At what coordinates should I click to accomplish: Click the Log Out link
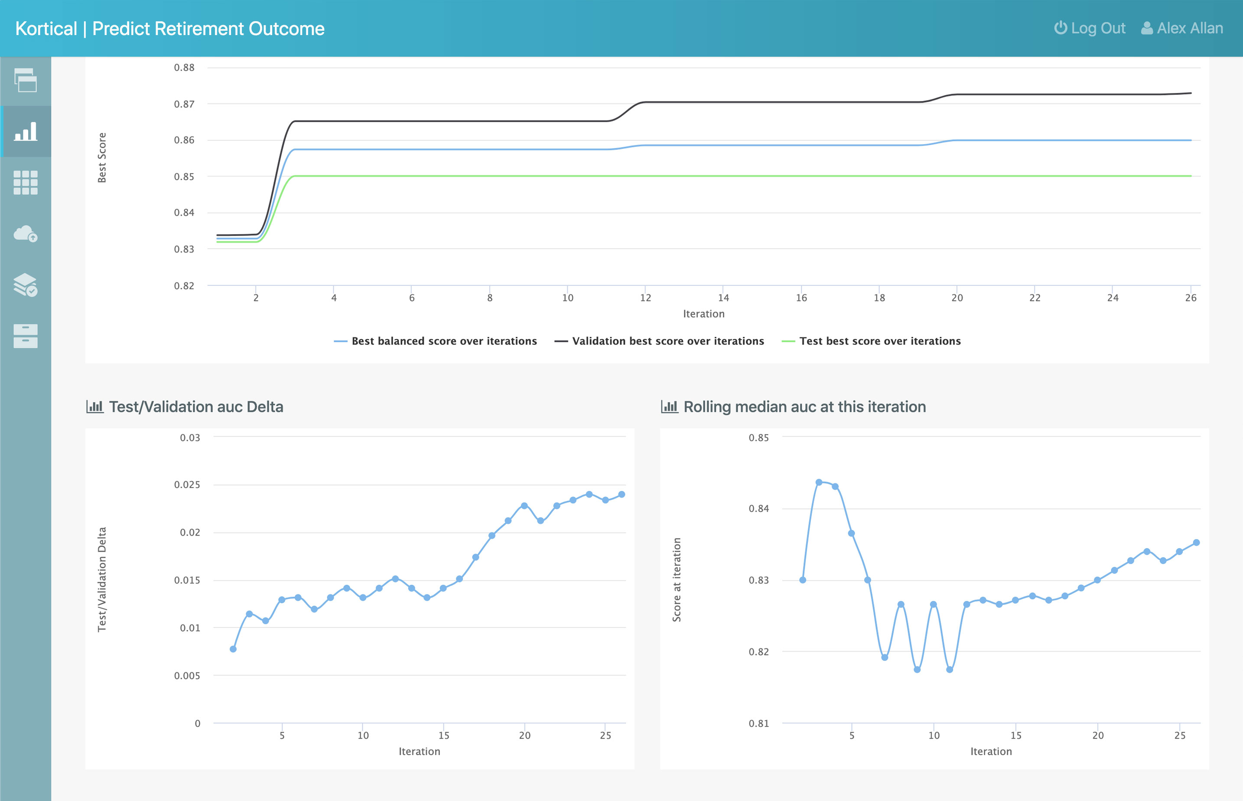coord(1090,28)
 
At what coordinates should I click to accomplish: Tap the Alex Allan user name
coord(1182,28)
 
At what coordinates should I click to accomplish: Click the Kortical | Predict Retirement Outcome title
coord(170,29)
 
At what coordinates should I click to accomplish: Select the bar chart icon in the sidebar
coord(26,132)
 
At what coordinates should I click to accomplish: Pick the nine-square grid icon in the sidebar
coord(26,183)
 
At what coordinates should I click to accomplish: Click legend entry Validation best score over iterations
coord(660,341)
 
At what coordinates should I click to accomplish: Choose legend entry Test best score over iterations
coord(871,341)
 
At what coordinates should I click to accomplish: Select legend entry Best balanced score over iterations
coord(435,341)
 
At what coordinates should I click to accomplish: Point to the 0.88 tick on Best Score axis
coord(184,68)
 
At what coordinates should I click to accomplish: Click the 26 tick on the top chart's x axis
coord(1191,298)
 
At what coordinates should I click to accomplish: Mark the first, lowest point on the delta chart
coord(233,649)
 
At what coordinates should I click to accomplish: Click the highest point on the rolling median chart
coord(819,482)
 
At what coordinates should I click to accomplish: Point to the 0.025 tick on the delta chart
coord(187,485)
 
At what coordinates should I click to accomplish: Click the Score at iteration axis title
coord(677,579)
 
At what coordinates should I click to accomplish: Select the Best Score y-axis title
coord(102,158)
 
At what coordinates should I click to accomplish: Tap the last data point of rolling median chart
coord(1196,543)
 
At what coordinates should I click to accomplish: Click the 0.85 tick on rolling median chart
coord(758,438)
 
